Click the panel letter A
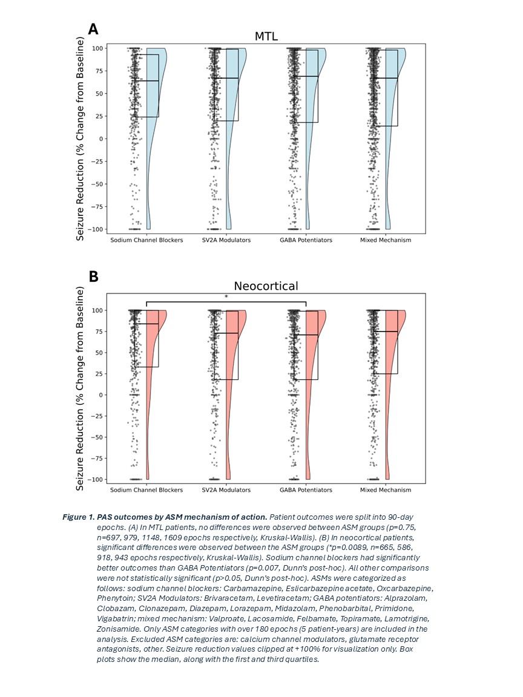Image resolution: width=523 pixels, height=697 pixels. [93, 29]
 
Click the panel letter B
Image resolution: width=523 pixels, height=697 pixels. [93, 277]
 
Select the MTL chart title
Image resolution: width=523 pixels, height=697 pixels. [266, 36]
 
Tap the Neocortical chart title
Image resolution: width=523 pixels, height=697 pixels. [266, 286]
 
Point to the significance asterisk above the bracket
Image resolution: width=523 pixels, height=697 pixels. [226, 296]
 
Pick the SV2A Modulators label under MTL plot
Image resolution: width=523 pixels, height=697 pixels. [226, 240]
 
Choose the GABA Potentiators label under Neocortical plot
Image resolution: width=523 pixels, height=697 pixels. [306, 489]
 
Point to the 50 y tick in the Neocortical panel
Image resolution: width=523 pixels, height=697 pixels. [97, 353]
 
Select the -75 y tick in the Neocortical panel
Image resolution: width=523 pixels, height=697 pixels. [95, 458]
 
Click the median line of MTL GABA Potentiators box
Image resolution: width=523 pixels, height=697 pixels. [306, 76]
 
